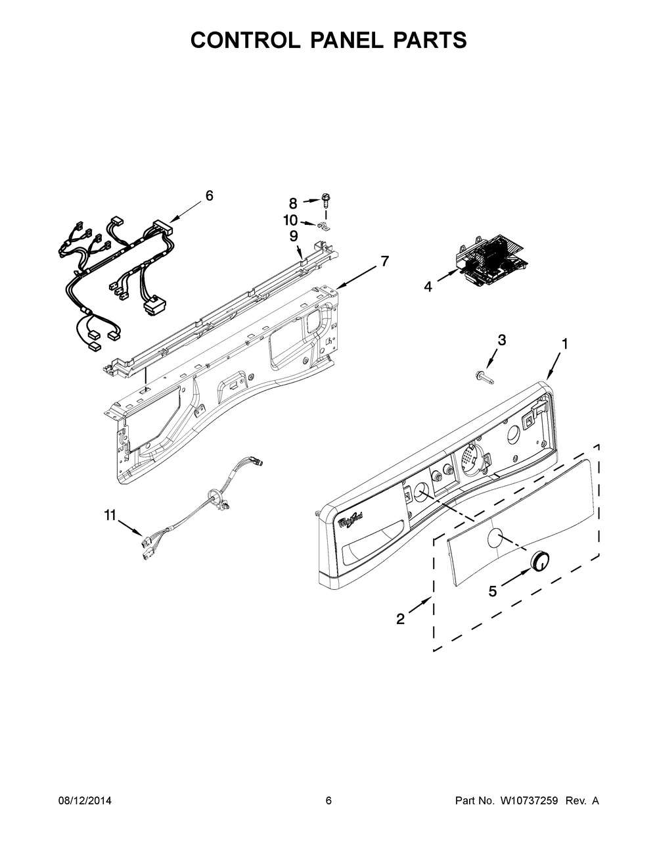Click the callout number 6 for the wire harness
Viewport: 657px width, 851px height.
click(210, 196)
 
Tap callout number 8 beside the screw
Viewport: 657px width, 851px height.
click(293, 204)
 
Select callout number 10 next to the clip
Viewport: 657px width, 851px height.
click(290, 220)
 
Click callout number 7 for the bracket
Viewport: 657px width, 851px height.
click(385, 261)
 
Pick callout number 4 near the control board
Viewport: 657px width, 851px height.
click(428, 287)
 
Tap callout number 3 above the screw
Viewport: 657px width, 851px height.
click(502, 340)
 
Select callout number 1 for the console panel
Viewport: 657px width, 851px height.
click(565, 344)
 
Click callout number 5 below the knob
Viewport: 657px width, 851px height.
click(493, 591)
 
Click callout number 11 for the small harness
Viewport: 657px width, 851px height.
click(110, 515)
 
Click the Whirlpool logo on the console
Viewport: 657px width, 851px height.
click(350, 521)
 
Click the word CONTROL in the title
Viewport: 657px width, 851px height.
click(244, 40)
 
